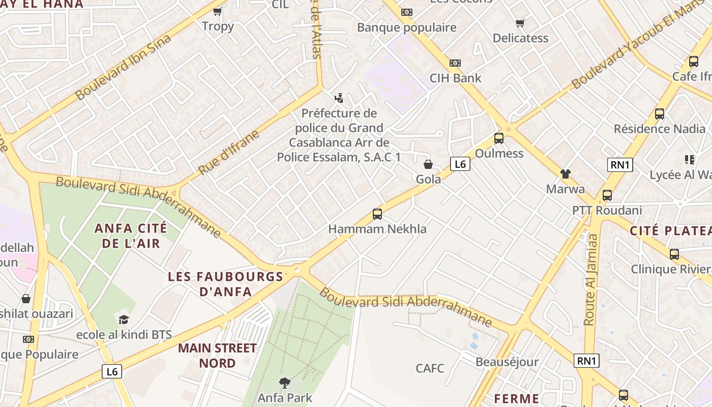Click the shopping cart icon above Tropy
(218, 11)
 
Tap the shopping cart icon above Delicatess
(520, 23)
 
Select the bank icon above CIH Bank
(455, 63)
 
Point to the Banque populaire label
(406, 27)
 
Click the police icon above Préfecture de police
(339, 98)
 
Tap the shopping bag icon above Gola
(428, 164)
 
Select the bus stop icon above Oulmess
(498, 138)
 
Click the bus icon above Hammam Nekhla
(377, 214)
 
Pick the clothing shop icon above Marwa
(565, 174)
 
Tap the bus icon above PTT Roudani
(607, 195)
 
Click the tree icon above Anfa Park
(285, 382)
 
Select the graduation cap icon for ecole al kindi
(124, 319)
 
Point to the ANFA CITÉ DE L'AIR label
(131, 236)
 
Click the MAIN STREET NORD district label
(217, 356)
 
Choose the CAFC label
(430, 368)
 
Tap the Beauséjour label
(507, 362)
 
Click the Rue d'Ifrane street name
(228, 153)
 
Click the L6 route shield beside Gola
(460, 164)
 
